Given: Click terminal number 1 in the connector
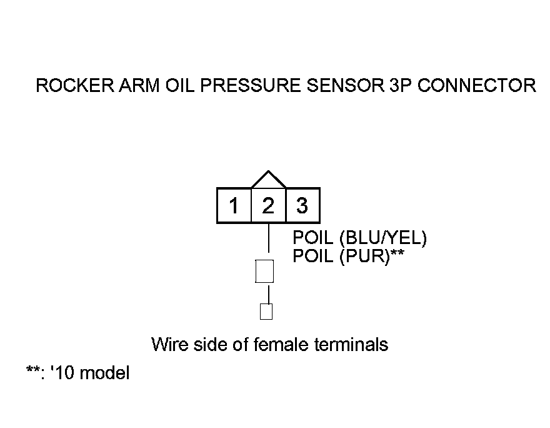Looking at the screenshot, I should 234,206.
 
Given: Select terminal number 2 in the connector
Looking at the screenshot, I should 268,206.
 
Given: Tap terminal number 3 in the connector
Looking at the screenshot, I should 302,206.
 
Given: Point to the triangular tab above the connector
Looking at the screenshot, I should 268,180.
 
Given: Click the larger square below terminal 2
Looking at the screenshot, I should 265,272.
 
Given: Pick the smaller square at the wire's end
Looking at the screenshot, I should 266,311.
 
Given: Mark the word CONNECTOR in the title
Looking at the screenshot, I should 476,86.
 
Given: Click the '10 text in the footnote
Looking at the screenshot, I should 61,374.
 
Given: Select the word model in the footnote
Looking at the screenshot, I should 105,374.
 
